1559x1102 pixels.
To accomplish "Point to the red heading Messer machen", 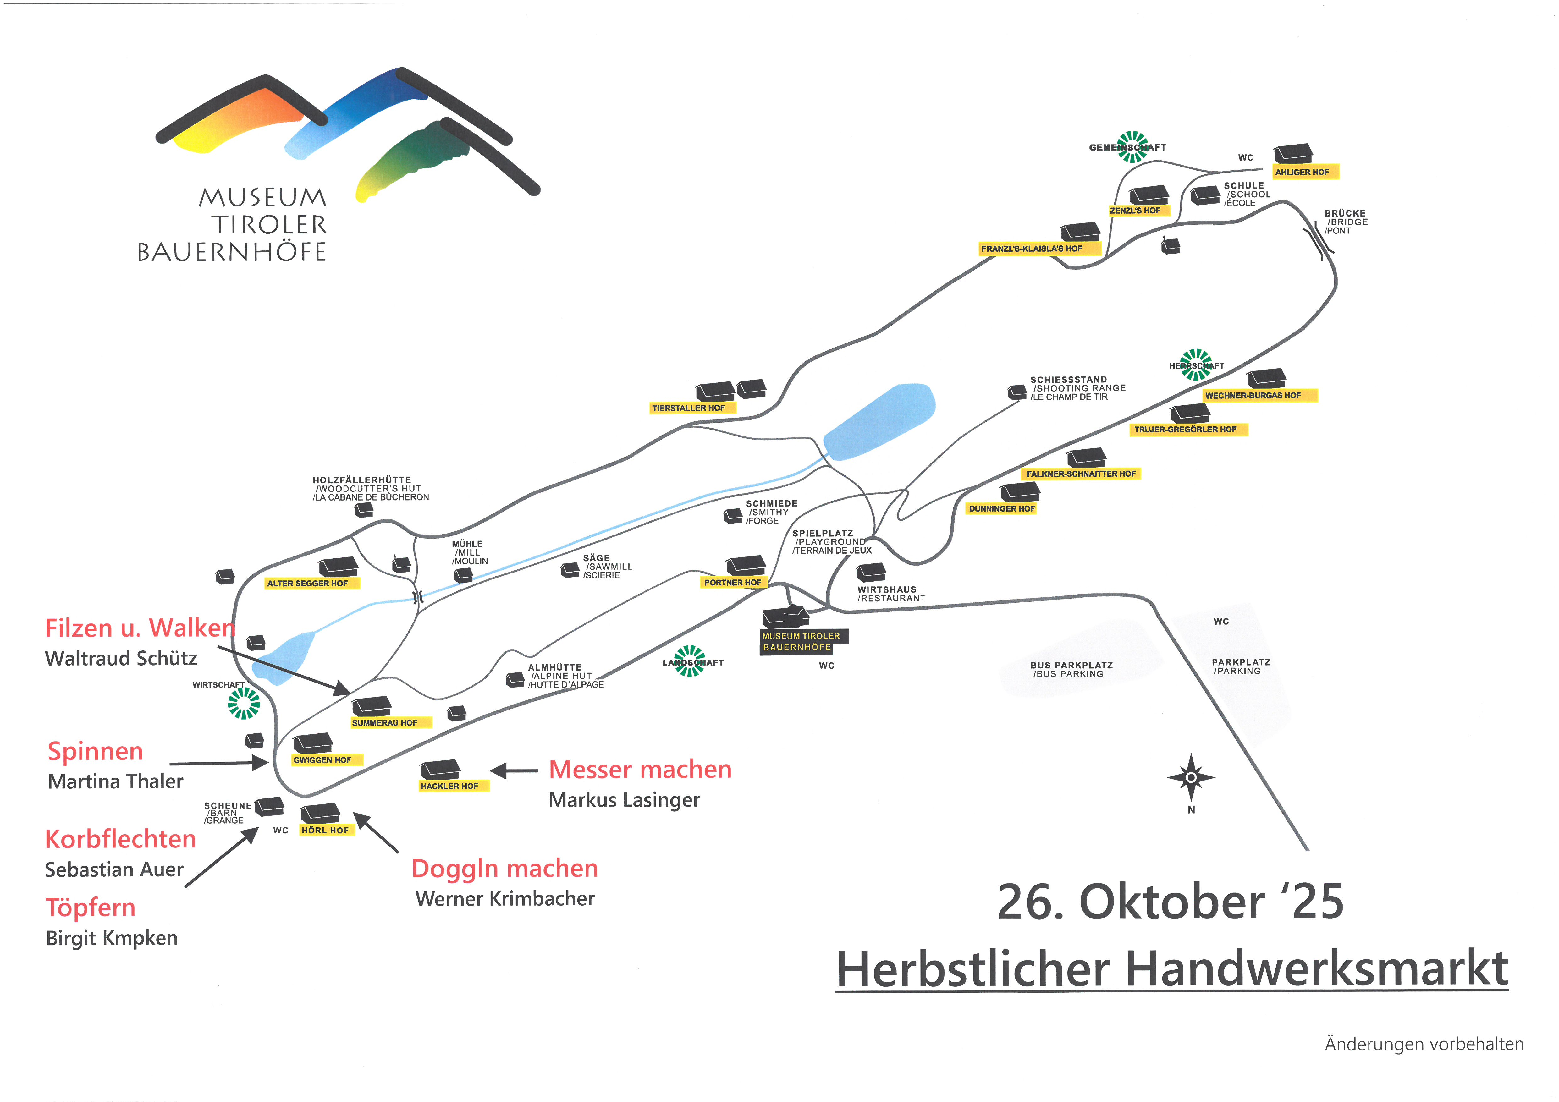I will click(640, 769).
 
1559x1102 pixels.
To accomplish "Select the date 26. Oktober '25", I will click(1170, 902).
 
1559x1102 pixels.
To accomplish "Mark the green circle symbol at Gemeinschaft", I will click(1132, 147).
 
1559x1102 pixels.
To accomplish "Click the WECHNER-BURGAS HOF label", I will click(1253, 395).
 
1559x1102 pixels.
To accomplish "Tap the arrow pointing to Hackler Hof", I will click(514, 771).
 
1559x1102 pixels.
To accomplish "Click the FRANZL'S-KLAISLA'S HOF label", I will click(1032, 249).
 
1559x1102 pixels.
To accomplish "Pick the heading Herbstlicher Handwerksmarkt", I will click(1171, 970).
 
